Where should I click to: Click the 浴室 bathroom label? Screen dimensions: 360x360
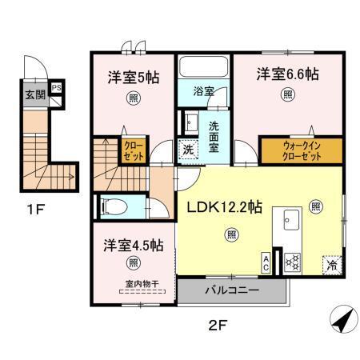(202, 92)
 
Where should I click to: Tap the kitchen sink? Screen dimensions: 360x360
(290, 222)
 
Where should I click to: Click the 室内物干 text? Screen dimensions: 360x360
(142, 282)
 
